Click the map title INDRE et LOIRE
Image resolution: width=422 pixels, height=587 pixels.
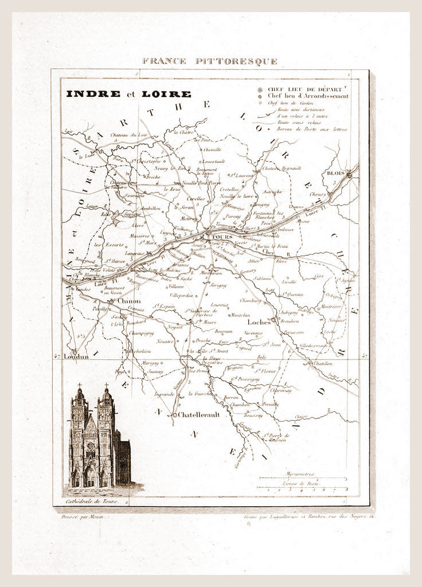tap(128, 93)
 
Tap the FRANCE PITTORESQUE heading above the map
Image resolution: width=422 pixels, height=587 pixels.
tap(210, 61)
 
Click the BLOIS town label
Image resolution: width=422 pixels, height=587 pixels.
tap(335, 172)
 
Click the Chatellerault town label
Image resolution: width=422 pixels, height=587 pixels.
tap(198, 414)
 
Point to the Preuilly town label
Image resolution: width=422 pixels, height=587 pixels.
tap(270, 404)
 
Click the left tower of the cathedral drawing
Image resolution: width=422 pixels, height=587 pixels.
tap(79, 436)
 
